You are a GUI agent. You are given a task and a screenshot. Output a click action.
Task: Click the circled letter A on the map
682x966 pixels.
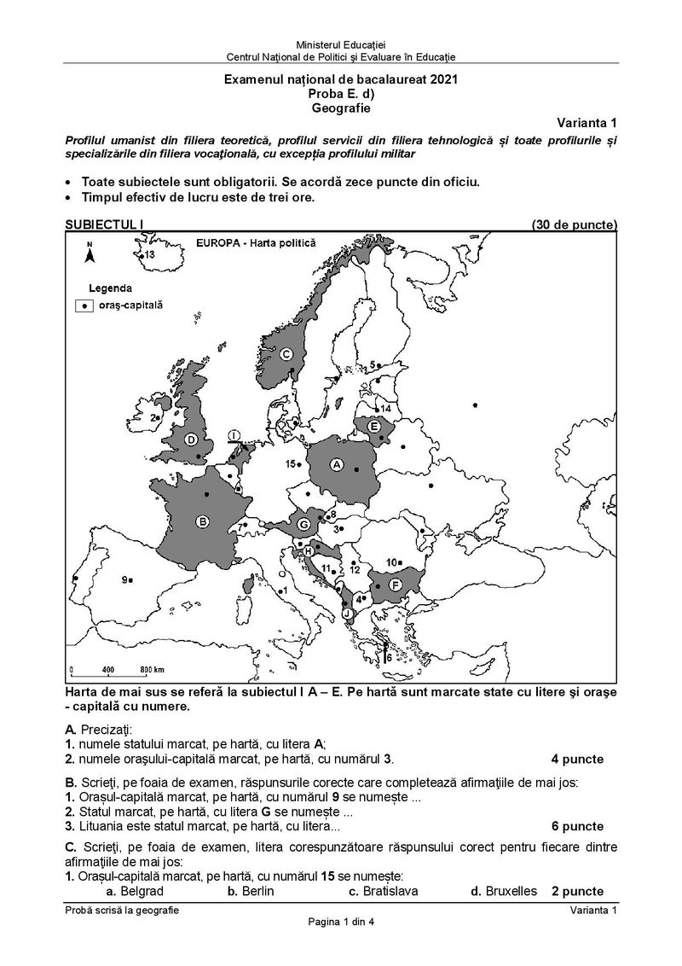pos(337,464)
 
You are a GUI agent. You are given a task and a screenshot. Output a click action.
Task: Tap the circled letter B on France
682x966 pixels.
pos(203,522)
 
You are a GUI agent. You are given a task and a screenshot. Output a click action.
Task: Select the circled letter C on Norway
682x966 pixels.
pos(286,354)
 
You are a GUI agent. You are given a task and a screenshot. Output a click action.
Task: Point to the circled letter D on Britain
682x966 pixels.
pos(192,439)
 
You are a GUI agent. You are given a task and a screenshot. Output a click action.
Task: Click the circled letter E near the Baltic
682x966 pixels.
pos(373,425)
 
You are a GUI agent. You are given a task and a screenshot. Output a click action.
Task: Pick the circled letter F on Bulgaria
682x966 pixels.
pos(396,585)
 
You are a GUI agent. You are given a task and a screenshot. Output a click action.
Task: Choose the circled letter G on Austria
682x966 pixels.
pos(303,523)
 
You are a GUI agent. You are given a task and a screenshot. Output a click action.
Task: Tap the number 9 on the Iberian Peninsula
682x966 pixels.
pos(124,580)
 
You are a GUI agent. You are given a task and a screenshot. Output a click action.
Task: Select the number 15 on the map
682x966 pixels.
pos(290,463)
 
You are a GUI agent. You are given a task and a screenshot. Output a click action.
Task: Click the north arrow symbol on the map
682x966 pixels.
pos(89,252)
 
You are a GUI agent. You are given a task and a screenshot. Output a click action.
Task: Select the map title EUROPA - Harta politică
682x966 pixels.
pos(255,242)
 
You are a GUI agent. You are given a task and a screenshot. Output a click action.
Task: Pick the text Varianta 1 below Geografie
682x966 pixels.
pos(588,123)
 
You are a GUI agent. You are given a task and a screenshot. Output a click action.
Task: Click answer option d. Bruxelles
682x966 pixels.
pos(504,891)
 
